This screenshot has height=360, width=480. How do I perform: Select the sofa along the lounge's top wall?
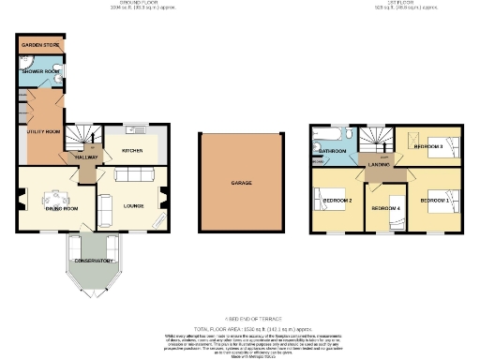point(137,175)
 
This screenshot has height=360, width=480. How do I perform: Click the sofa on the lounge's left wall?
point(105,208)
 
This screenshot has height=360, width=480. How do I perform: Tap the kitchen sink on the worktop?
point(136,129)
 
